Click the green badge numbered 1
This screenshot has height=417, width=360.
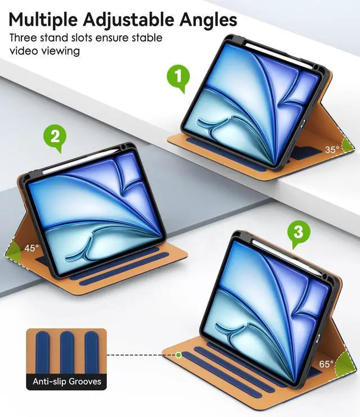tap(178, 79)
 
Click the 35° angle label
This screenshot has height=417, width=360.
tap(332, 149)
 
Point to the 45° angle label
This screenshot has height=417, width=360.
tap(31, 248)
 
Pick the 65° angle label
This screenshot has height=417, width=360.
tap(327, 364)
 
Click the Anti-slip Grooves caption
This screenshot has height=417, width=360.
tap(67, 382)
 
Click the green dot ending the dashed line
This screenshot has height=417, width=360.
tap(178, 355)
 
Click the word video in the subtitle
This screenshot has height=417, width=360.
tap(23, 51)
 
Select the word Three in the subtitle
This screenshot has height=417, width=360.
tap(23, 38)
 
